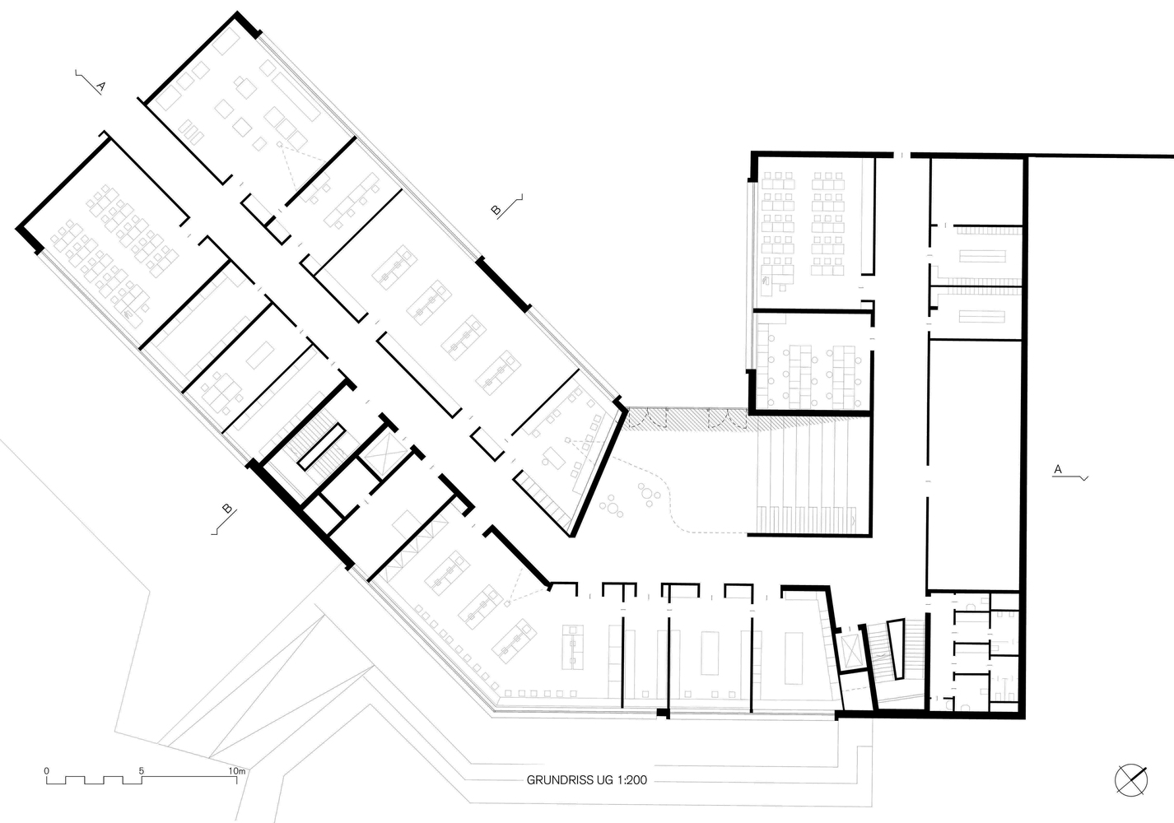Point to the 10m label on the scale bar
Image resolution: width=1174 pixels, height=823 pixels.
[x=236, y=771]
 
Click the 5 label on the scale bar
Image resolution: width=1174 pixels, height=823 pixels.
[x=142, y=771]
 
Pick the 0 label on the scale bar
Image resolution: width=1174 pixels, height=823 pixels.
[x=47, y=771]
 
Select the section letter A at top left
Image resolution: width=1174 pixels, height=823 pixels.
[x=100, y=86]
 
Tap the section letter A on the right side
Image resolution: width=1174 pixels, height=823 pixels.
[x=1058, y=469]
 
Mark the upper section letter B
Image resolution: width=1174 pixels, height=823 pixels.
[x=496, y=210]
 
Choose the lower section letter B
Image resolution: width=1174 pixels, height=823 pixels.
[x=227, y=508]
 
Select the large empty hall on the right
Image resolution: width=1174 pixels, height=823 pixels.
[x=975, y=463]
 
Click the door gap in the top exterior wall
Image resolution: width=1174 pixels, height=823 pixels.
[x=901, y=155]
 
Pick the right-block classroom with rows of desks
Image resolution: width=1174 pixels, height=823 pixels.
[x=807, y=230]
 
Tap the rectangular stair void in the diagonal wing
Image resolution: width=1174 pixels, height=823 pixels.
[x=321, y=446]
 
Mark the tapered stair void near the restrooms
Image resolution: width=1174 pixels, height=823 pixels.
[x=897, y=649]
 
